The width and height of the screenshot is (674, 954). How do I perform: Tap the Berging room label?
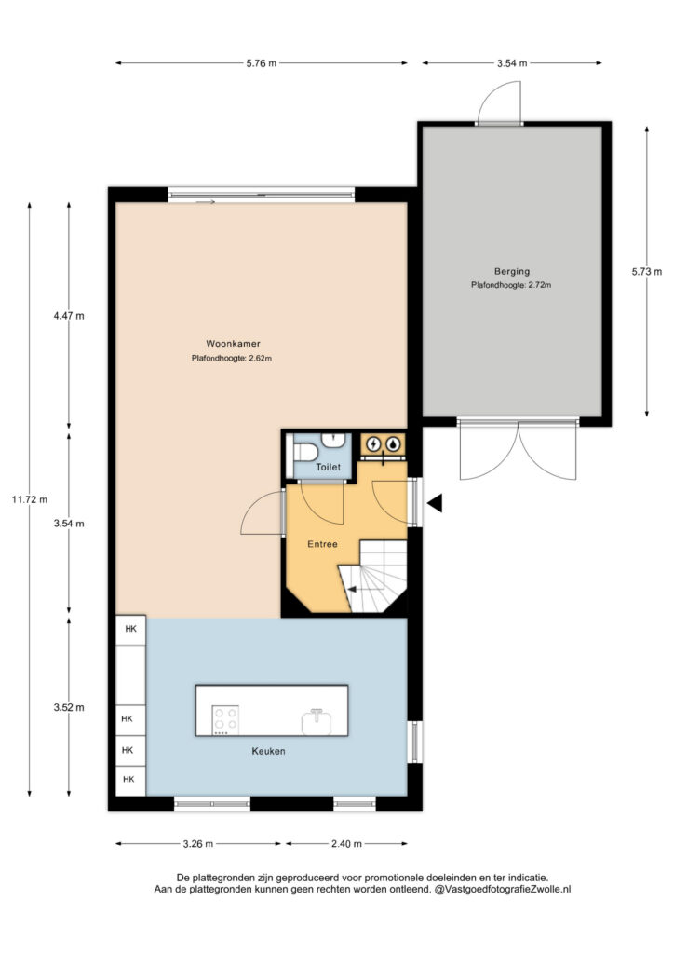(x=512, y=271)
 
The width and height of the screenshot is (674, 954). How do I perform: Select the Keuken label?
(x=269, y=751)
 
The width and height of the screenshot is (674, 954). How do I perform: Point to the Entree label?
(x=322, y=544)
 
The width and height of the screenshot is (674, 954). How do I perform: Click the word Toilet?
(x=329, y=468)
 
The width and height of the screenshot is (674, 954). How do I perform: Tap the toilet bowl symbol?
(x=303, y=452)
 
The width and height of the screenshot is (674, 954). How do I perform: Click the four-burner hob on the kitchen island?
(x=225, y=720)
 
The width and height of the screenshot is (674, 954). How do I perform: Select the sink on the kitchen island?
(x=317, y=722)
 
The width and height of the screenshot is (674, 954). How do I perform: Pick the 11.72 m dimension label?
(x=29, y=499)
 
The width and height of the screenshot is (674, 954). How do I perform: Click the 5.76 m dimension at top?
(x=262, y=63)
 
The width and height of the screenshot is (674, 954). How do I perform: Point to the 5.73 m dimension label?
(x=647, y=272)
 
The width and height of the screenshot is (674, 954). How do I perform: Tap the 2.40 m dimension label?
(x=346, y=844)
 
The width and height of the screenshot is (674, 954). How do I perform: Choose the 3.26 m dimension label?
(x=198, y=844)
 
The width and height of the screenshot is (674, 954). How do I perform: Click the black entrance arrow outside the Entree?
(x=435, y=503)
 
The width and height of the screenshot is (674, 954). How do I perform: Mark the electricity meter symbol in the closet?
(x=374, y=444)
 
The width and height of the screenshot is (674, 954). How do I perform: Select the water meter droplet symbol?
(x=394, y=444)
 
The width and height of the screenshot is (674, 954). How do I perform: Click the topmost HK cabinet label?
(x=130, y=629)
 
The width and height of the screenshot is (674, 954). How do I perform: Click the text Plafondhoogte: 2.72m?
(x=511, y=285)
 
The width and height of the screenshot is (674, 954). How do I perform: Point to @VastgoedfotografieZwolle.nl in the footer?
(x=503, y=889)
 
